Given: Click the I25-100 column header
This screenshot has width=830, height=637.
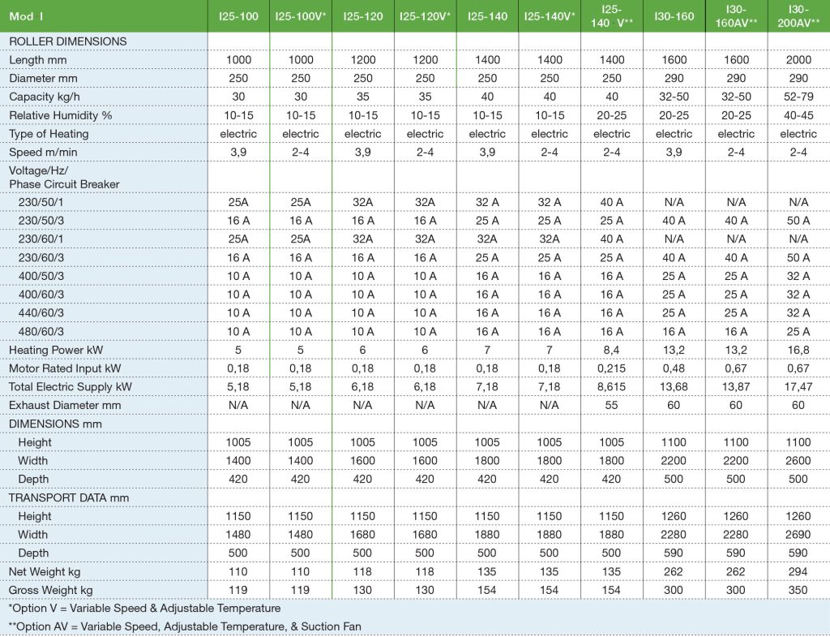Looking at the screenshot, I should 237,16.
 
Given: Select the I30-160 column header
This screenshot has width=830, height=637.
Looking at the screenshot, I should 674,16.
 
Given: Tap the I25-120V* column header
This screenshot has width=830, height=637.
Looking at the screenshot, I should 425,16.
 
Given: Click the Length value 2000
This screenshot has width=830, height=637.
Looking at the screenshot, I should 798,60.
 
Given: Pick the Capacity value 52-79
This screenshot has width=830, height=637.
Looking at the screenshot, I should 798,97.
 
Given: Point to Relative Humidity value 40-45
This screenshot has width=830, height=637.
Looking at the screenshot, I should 798,115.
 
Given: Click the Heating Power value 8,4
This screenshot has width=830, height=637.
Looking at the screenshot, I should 612,350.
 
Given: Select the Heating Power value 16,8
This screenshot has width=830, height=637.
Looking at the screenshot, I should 798,350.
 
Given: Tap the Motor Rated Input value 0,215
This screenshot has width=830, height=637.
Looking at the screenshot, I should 612,368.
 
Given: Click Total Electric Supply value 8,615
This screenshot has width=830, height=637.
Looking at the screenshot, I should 612,387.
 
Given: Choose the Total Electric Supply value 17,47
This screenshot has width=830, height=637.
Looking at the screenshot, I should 798,387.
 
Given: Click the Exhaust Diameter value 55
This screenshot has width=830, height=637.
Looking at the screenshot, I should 612,405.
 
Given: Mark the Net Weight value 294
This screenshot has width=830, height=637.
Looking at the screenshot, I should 798,571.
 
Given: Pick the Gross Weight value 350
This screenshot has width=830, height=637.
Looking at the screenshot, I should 798,590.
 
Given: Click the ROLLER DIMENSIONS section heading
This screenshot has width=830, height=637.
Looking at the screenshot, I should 68,41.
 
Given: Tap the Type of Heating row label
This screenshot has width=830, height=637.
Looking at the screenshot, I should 49,134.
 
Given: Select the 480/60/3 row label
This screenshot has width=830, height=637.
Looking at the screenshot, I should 41,331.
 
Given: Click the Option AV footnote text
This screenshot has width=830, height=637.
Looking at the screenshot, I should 185,626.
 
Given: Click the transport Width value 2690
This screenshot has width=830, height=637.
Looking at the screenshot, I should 798,535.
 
